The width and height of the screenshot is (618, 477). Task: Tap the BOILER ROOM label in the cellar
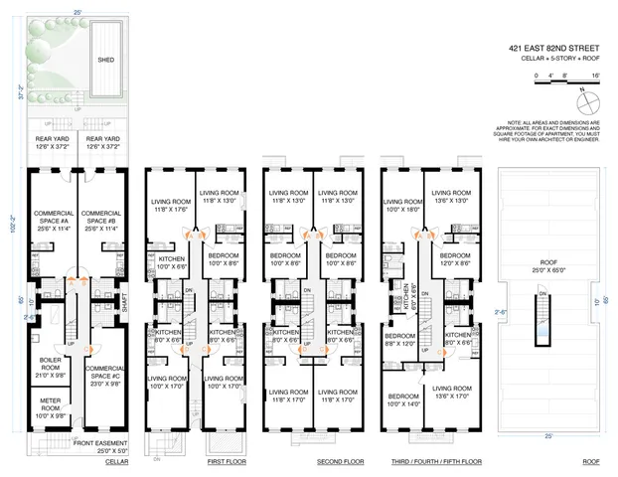point(51,364)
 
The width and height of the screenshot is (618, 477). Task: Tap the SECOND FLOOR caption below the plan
point(313,462)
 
